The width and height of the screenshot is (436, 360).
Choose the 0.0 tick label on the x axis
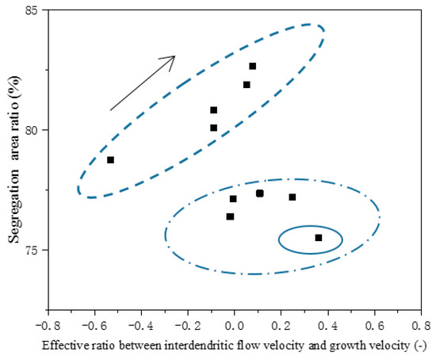(x=234, y=325)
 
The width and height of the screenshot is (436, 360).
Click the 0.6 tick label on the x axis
(x=374, y=325)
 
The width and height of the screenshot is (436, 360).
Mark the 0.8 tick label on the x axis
(x=421, y=325)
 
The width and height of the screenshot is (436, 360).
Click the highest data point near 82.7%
(x=252, y=66)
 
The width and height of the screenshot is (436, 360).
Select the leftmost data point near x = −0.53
(x=110, y=160)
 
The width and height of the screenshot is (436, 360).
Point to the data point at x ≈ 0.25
(x=293, y=197)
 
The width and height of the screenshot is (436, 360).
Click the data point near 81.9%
(x=247, y=85)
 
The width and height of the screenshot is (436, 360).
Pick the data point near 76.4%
(x=230, y=216)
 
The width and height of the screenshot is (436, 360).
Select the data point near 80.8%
(x=213, y=110)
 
